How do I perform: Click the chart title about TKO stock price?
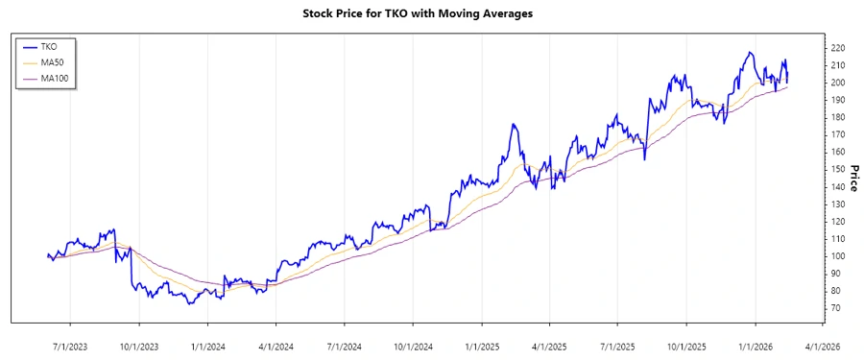[x=431, y=13]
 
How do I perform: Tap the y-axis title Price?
[x=852, y=178]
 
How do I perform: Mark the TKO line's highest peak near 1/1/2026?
[x=749, y=52]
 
